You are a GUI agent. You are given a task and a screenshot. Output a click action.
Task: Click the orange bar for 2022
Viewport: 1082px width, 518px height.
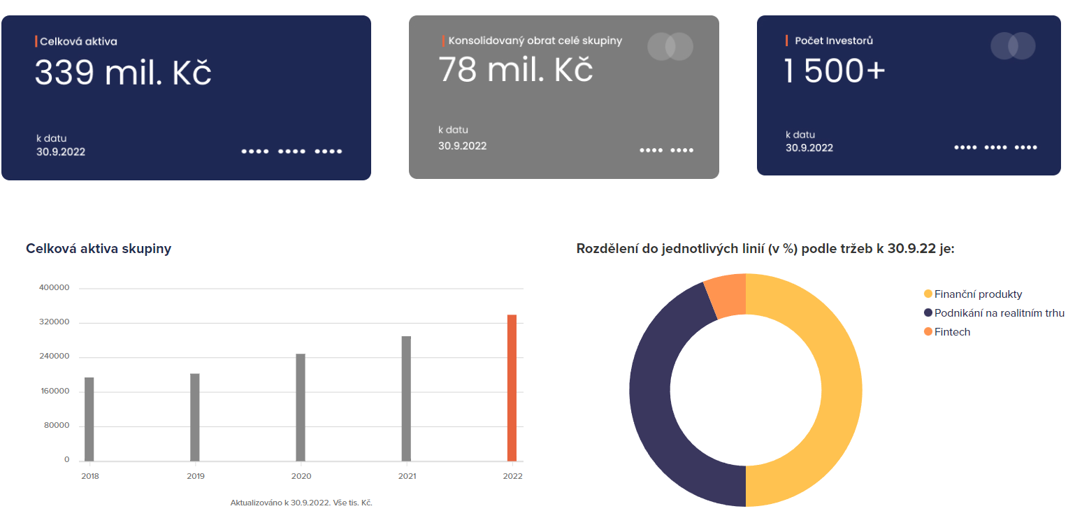(x=512, y=388)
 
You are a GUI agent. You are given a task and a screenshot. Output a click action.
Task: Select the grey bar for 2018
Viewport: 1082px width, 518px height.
(x=89, y=419)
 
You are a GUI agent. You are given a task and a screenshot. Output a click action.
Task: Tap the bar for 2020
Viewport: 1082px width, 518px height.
(x=301, y=407)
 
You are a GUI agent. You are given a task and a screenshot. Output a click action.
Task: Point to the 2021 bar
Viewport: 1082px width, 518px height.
(x=406, y=398)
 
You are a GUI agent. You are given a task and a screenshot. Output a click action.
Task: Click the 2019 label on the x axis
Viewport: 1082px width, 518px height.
(x=195, y=476)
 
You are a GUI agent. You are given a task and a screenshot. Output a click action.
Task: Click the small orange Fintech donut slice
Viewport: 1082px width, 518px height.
(x=727, y=296)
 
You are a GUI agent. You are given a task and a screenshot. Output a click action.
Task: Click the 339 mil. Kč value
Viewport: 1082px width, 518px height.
(x=123, y=73)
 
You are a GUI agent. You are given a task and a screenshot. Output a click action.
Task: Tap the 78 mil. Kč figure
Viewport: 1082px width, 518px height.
(x=516, y=69)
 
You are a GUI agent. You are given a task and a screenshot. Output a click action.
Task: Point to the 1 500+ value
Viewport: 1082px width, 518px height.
(x=835, y=71)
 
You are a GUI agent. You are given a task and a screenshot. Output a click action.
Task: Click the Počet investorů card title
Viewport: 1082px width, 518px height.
(x=833, y=41)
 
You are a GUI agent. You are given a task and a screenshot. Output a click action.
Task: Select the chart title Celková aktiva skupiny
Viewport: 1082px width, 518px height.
(x=99, y=248)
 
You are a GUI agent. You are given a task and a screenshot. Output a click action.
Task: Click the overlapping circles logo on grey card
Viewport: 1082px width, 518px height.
(x=670, y=46)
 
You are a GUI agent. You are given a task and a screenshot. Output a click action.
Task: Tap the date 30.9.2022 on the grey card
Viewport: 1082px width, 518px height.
(x=462, y=146)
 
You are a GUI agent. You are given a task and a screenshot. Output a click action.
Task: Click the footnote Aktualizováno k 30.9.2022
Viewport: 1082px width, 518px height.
(x=301, y=503)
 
